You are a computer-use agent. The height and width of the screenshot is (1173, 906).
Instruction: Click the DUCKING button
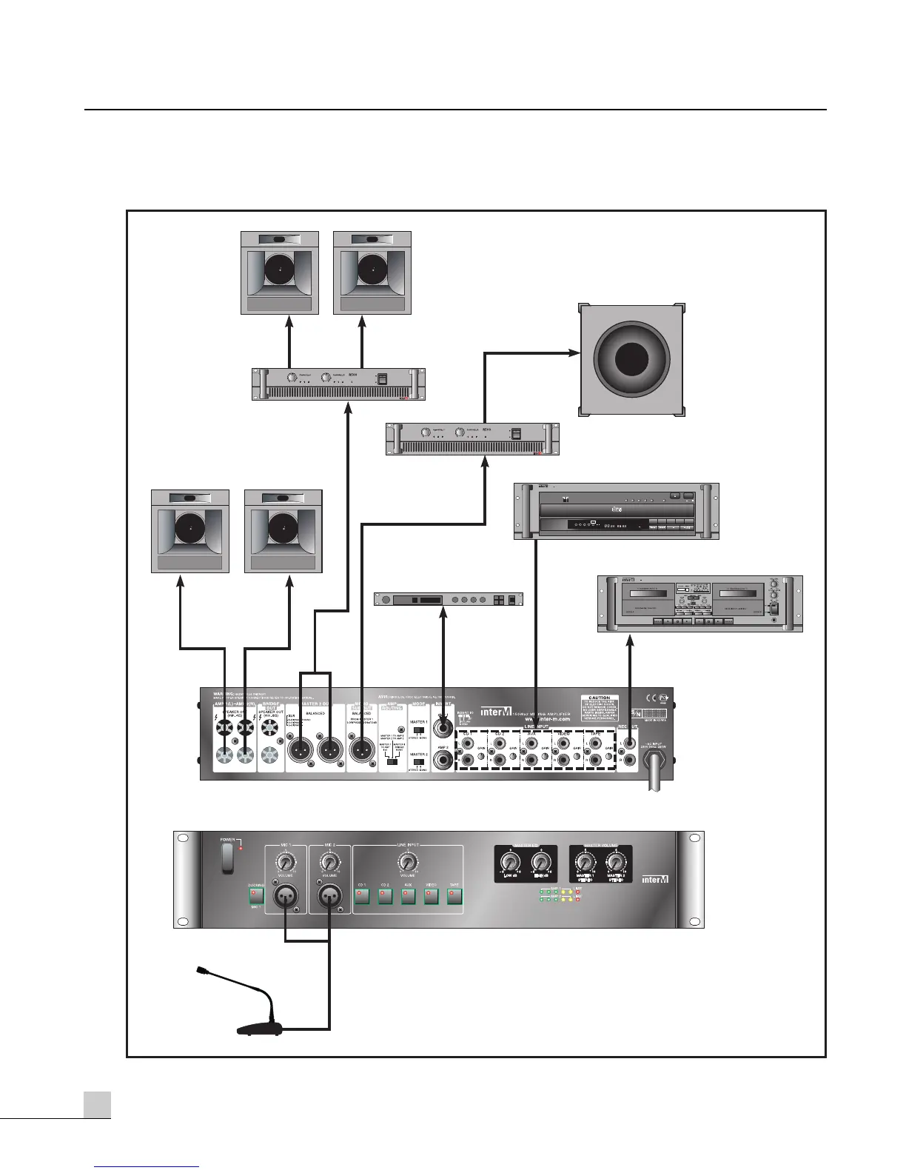(x=256, y=897)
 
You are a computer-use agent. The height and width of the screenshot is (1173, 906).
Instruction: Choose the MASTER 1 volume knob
(x=585, y=863)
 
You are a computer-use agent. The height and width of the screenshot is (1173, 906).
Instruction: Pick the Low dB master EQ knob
(x=509, y=862)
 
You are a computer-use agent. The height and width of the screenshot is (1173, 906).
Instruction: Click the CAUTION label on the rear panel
(x=600, y=708)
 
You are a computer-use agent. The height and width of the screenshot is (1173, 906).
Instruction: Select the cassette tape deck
(x=699, y=604)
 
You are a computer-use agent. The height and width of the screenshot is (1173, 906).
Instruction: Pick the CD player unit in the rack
(x=616, y=511)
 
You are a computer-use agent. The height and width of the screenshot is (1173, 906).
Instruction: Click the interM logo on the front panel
(x=655, y=879)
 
